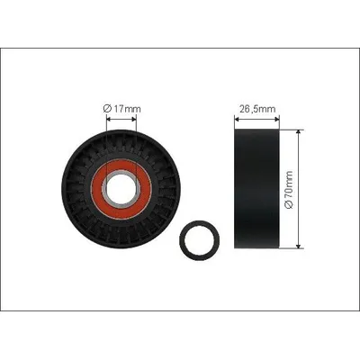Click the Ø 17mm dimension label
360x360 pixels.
pos(121,108)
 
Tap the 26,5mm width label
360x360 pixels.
pos(257,109)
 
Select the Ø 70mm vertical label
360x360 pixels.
pos(289,190)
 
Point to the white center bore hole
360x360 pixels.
pos(121,190)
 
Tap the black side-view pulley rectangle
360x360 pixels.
pos(256,189)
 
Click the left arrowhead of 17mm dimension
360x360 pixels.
pos(109,120)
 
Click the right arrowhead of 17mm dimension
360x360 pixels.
pos(134,120)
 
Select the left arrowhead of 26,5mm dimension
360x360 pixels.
pos(237,120)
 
